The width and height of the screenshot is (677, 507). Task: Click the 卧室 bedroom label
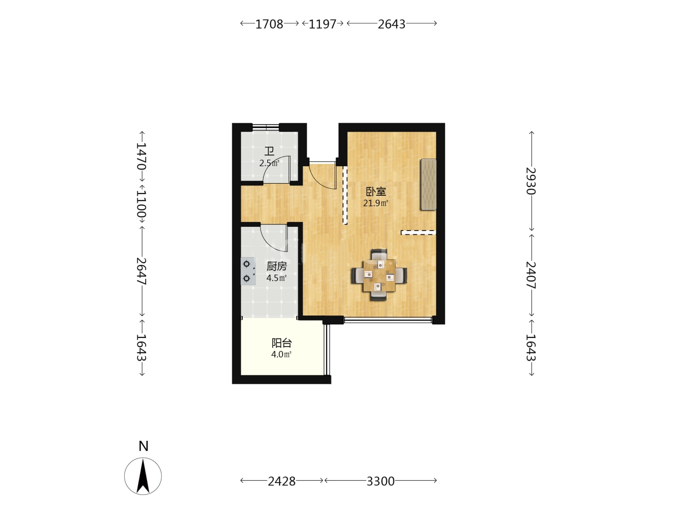pos(376,192)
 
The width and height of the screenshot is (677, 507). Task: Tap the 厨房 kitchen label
pos(276,266)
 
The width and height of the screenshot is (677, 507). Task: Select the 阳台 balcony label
pos(282,343)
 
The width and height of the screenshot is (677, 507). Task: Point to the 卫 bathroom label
pos(269,152)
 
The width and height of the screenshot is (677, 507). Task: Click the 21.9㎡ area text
pos(375,203)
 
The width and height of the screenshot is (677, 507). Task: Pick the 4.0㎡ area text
pos(281,354)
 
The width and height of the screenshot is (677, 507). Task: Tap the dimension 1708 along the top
pos(269,24)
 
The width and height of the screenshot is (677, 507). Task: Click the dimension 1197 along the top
pos(323,24)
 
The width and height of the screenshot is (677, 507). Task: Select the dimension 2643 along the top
pos(392,24)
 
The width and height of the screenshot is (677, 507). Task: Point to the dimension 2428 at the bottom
pos(282,481)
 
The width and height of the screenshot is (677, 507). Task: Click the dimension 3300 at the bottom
pos(380,481)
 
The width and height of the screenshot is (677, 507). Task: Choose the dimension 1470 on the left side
pos(141,156)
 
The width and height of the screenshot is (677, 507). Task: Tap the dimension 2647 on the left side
pos(141,271)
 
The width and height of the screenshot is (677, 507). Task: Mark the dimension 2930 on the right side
pos(531,181)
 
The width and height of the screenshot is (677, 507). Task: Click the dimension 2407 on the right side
pos(531,275)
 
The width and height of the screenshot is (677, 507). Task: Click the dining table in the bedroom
pos(379,275)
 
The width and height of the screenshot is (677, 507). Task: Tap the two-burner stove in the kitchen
pos(248,271)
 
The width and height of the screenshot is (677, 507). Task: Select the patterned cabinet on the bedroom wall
pos(428,184)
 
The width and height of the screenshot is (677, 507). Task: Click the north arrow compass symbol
pos(143,476)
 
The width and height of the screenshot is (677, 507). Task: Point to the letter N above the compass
pos(143,446)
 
